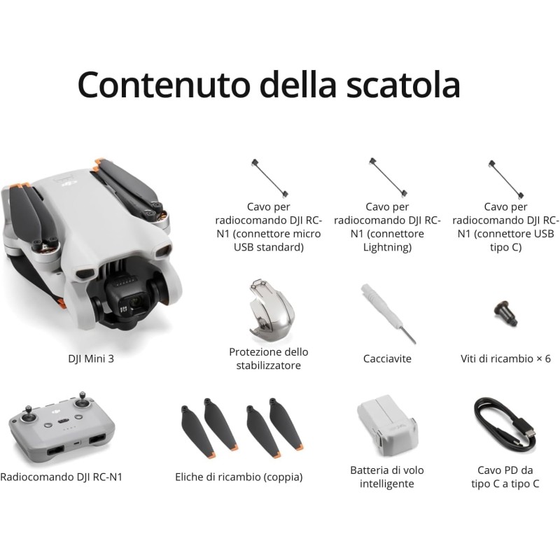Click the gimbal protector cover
[x=269, y=308]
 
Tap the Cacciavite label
[x=387, y=359]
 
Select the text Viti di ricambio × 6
[x=505, y=359]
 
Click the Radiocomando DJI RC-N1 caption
[x=66, y=477]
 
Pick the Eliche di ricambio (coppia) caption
[x=239, y=477]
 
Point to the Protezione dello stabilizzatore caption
[x=269, y=358]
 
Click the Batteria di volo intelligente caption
[x=387, y=477]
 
